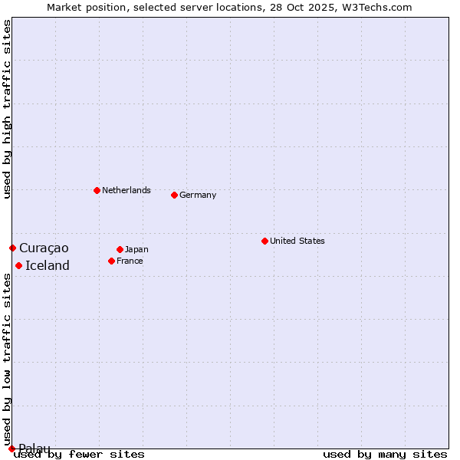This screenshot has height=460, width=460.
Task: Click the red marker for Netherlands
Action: [97, 190]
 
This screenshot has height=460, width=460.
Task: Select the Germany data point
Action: [174, 195]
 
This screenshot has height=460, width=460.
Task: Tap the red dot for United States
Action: [264, 241]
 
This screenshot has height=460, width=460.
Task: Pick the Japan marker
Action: [120, 249]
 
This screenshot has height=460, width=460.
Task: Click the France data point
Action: [111, 261]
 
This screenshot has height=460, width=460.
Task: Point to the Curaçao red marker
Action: [12, 248]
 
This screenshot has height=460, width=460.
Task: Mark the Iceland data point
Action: [18, 265]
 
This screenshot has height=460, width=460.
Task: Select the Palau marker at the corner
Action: [11, 449]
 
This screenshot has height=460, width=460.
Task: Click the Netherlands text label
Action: [126, 190]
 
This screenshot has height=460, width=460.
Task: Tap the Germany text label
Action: [198, 195]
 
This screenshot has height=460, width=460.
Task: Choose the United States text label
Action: [297, 241]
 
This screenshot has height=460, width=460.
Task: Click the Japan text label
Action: [136, 249]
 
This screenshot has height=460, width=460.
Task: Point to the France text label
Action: [130, 261]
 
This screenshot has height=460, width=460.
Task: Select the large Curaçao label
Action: [44, 248]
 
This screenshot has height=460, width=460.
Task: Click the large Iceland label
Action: [48, 265]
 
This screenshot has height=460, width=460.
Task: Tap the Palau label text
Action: [34, 449]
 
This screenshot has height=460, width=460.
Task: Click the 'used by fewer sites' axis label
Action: [80, 454]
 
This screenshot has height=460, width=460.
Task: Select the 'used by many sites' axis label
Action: [385, 454]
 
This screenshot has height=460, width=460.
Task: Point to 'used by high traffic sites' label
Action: [7, 109]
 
